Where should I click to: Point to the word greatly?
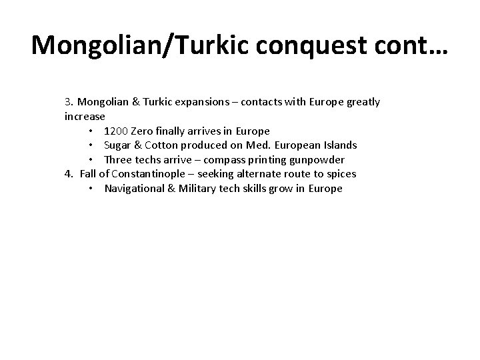pyautogui.click(x=359, y=102)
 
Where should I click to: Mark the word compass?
pyautogui.click(x=241, y=160)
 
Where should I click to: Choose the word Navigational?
pyautogui.click(x=135, y=189)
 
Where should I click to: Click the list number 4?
pyautogui.click(x=68, y=174)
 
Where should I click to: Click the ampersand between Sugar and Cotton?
pyautogui.click(x=141, y=145)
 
